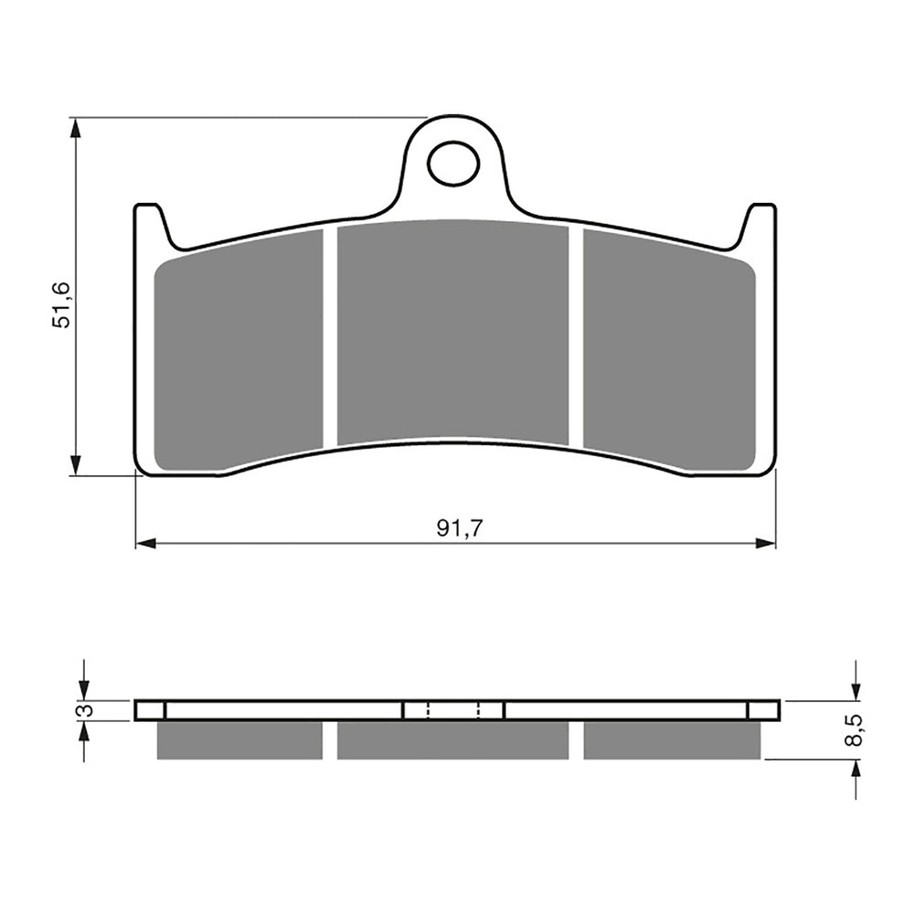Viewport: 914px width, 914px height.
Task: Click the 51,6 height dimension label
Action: coord(61,305)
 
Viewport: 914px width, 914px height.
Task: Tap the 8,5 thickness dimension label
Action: coord(854,731)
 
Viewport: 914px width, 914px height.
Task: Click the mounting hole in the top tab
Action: coord(453,165)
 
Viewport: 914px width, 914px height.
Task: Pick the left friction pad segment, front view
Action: coord(239,352)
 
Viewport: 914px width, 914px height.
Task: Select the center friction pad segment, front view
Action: coord(453,334)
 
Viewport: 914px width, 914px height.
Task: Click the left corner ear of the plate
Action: coord(151,224)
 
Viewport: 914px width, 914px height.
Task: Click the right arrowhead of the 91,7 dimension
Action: coord(766,544)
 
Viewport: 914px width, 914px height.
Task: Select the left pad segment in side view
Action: coord(239,740)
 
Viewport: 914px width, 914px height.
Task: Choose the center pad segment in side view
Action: coord(453,740)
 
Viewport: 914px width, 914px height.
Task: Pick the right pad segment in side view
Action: coord(672,740)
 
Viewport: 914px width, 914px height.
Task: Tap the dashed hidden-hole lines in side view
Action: coord(453,710)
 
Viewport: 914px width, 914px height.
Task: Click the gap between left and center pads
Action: coord(330,338)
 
